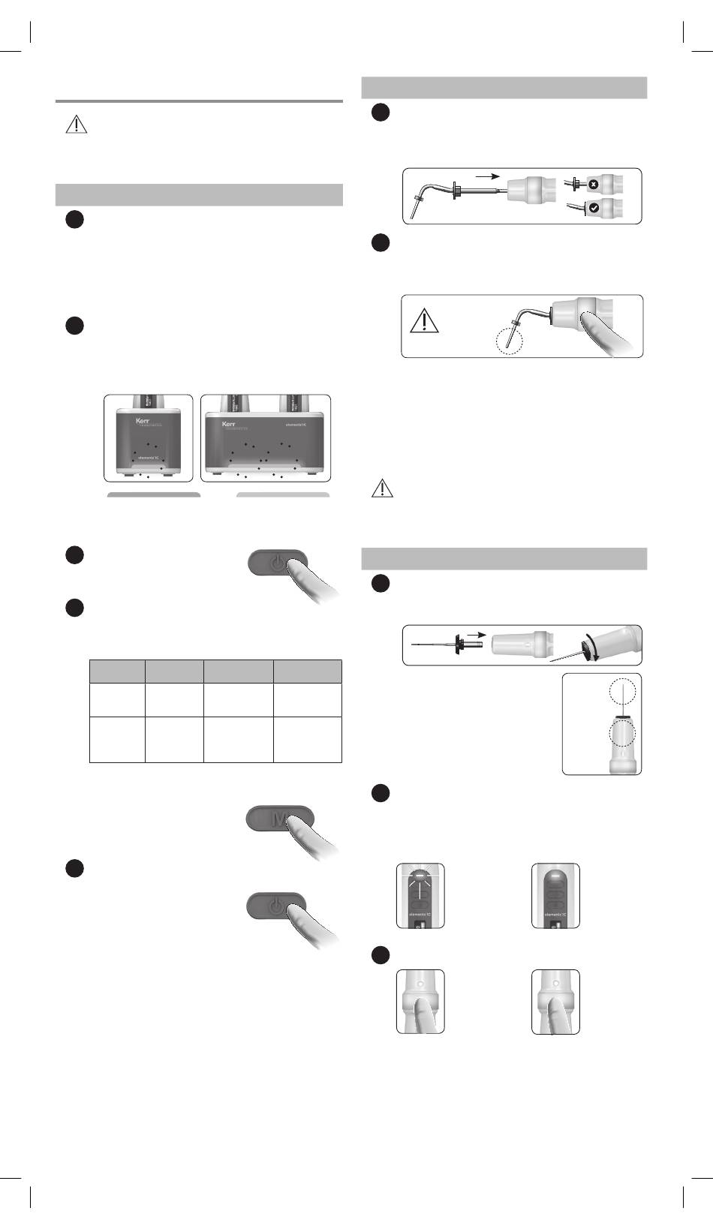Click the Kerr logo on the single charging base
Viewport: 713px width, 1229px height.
coord(143,421)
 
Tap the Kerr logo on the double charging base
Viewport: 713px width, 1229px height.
coord(229,424)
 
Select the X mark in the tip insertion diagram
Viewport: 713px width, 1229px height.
coord(593,184)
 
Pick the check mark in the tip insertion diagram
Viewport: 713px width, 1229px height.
coord(594,209)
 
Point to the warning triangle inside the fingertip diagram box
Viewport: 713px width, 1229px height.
coord(424,321)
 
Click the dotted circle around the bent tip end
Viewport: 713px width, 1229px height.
coord(509,339)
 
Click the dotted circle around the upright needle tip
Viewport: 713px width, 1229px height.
coord(622,693)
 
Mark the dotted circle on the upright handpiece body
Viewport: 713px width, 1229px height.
coord(622,734)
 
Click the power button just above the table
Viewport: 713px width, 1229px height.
coord(277,562)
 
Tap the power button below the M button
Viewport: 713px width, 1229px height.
coord(276,906)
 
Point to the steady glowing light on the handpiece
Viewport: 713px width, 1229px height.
coord(555,876)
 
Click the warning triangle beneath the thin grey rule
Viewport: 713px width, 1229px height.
coord(76,124)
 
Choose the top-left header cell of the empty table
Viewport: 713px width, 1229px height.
coord(117,672)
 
